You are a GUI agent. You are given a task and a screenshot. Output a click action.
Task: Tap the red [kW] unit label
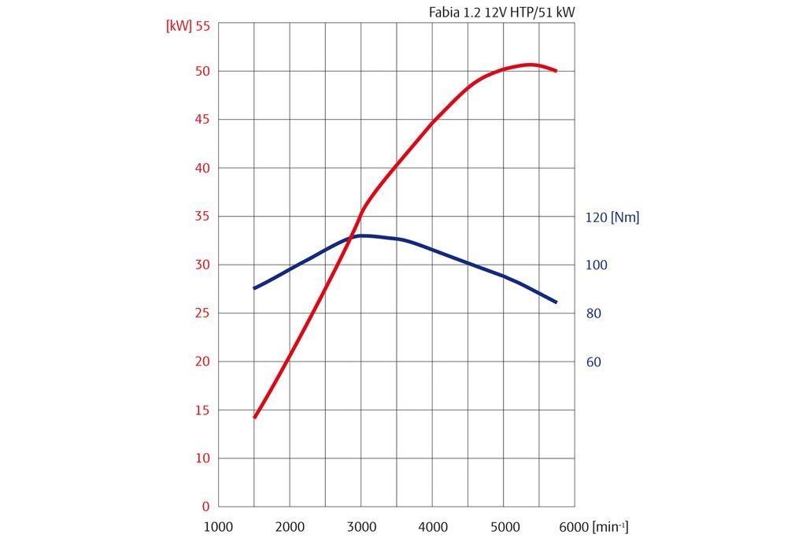point(178,25)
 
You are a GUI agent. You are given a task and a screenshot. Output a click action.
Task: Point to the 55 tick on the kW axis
point(202,25)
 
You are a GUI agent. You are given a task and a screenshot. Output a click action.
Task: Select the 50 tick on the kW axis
point(202,71)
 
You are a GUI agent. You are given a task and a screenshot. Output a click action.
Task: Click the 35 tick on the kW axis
point(202,217)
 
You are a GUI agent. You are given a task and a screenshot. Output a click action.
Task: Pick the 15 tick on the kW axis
point(202,410)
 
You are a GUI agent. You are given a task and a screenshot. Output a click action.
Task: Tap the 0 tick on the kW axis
point(205,507)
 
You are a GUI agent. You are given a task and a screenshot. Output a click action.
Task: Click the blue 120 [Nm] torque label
point(612,217)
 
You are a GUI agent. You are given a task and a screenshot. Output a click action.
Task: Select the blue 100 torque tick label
point(597,265)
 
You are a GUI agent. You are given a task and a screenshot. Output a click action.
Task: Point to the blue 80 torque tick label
point(593,314)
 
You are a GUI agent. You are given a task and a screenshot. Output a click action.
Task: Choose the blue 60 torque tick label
point(593,362)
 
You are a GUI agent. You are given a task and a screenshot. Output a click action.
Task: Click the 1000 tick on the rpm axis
point(218,527)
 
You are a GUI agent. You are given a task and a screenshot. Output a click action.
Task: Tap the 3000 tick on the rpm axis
point(361,527)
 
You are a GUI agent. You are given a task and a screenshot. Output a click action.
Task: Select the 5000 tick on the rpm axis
point(504,527)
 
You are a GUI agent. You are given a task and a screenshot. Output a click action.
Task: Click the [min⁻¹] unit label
point(611,526)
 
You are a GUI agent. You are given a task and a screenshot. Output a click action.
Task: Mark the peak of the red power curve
point(531,65)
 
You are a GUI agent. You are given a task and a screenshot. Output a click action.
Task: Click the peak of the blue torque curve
point(363,236)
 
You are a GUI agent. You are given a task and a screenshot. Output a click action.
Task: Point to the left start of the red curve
point(255,417)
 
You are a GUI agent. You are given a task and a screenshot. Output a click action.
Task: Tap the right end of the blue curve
point(556,302)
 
